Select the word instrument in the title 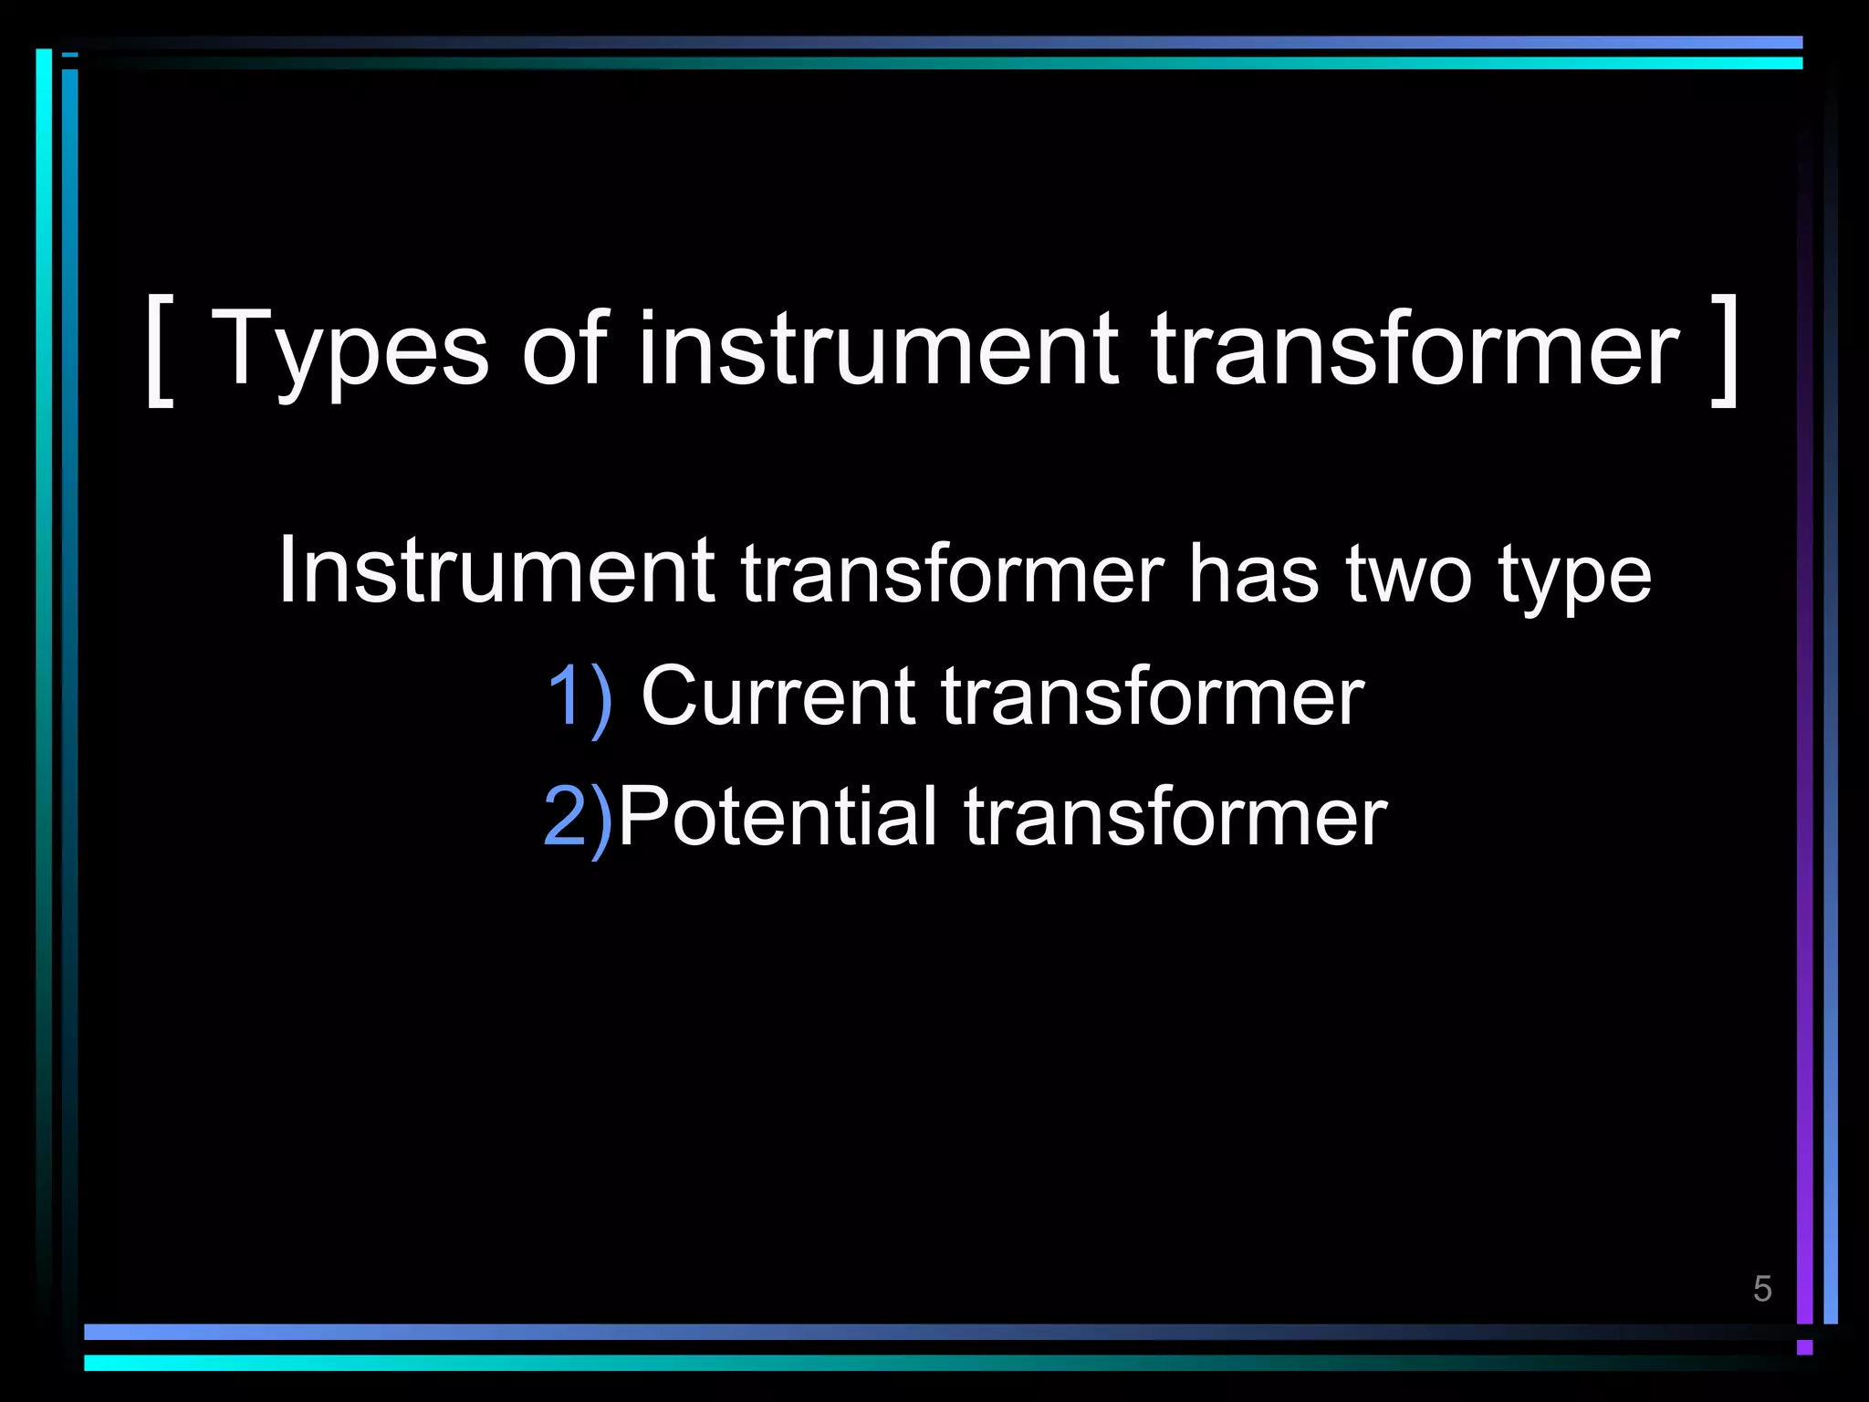877,349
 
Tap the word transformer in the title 1414,349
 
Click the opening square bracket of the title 159,350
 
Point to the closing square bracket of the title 1724,350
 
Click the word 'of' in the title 563,349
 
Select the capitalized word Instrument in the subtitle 496,570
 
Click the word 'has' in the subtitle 1253,574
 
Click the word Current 778,696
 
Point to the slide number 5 1762,1289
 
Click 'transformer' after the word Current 1153,696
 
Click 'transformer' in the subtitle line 952,574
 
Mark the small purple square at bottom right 1804,1347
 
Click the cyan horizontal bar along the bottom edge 913,1363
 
